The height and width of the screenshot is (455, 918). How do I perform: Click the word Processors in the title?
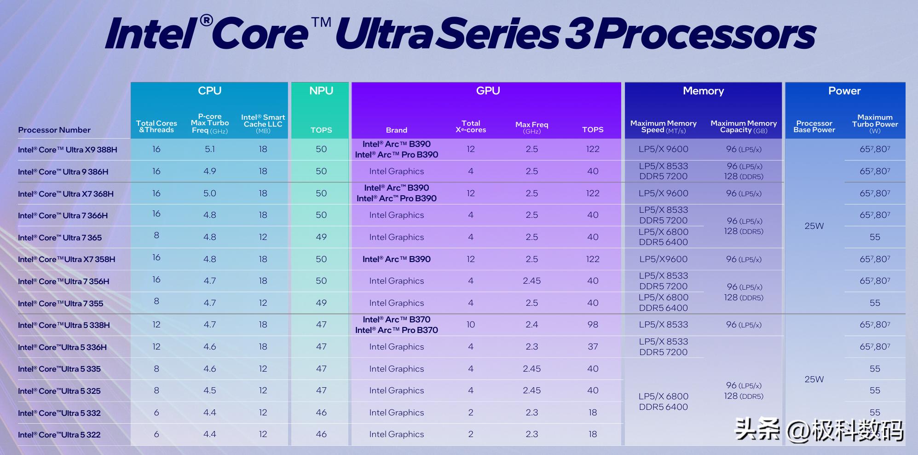pyautogui.click(x=704, y=34)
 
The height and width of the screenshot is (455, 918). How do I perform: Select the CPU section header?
pyautogui.click(x=209, y=91)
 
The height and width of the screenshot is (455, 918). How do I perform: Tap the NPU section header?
pyautogui.click(x=321, y=91)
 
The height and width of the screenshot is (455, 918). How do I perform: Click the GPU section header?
pyautogui.click(x=488, y=91)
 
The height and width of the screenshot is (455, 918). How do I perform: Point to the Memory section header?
pyautogui.click(x=703, y=91)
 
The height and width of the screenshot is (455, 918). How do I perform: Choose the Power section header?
pyautogui.click(x=844, y=91)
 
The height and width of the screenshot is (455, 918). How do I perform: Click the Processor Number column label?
pyautogui.click(x=54, y=130)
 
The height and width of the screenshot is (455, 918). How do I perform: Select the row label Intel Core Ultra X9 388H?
pyautogui.click(x=68, y=150)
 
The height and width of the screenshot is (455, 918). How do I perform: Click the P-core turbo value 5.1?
pyautogui.click(x=209, y=149)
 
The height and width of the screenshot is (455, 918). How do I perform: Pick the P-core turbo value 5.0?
pyautogui.click(x=209, y=193)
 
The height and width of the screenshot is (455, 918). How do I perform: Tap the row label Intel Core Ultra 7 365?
pyautogui.click(x=60, y=238)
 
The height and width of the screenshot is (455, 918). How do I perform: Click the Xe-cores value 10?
pyautogui.click(x=470, y=325)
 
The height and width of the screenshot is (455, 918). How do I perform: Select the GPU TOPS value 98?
pyautogui.click(x=593, y=325)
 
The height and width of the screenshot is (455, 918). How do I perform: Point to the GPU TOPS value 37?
pyautogui.click(x=593, y=347)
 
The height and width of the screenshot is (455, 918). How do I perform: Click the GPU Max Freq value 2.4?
pyautogui.click(x=531, y=325)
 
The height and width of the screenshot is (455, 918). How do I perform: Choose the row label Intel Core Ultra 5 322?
pyautogui.click(x=59, y=435)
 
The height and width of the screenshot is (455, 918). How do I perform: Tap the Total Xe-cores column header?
pyautogui.click(x=470, y=126)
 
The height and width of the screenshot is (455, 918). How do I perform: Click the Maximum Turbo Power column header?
pyautogui.click(x=875, y=123)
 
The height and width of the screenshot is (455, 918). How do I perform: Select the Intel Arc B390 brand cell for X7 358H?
pyautogui.click(x=396, y=259)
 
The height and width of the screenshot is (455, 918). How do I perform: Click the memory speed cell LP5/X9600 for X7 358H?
pyautogui.click(x=663, y=259)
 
